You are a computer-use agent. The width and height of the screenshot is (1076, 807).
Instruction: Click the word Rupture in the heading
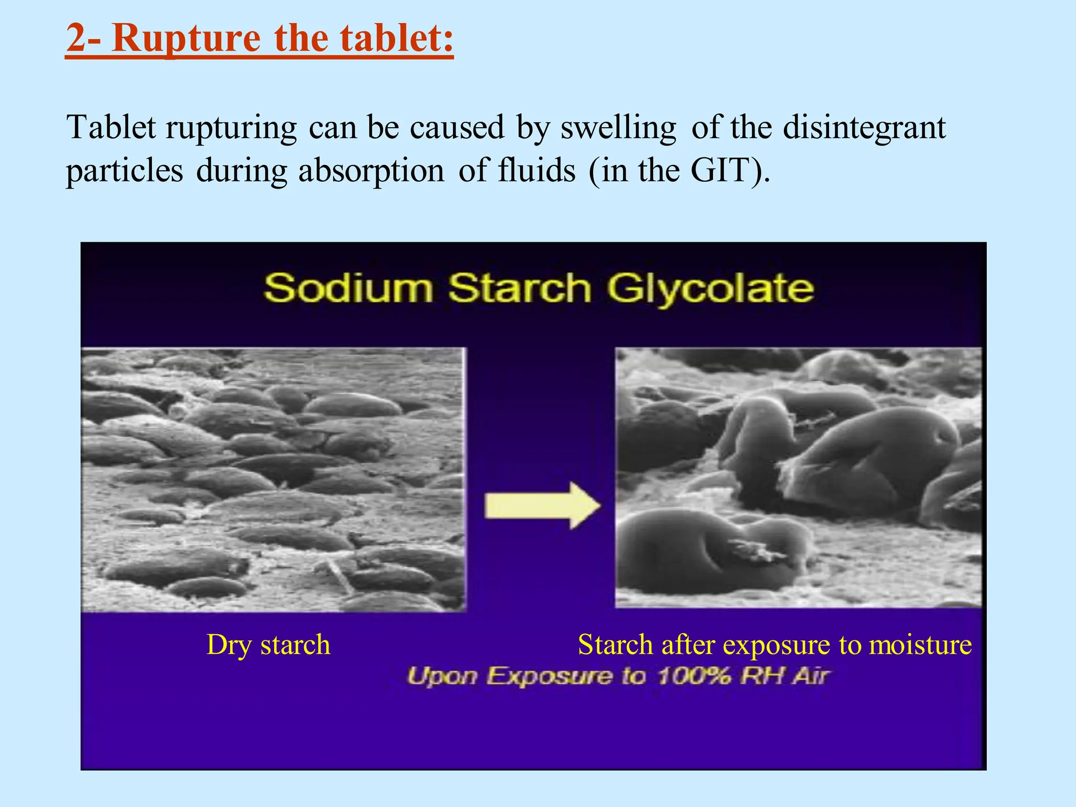click(x=186, y=39)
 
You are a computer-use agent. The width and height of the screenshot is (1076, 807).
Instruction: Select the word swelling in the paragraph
click(x=618, y=128)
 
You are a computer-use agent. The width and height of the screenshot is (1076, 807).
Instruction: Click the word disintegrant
click(x=864, y=128)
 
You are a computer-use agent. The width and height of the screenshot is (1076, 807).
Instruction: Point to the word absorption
click(x=371, y=171)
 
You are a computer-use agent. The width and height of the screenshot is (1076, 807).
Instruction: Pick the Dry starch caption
click(x=268, y=645)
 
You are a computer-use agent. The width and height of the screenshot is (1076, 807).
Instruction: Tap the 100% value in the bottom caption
click(x=694, y=676)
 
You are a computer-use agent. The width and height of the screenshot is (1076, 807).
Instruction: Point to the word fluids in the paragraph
click(x=536, y=170)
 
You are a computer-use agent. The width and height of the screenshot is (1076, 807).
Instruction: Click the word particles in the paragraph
click(x=125, y=171)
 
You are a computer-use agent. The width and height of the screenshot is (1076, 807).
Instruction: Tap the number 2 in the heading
click(x=76, y=39)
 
